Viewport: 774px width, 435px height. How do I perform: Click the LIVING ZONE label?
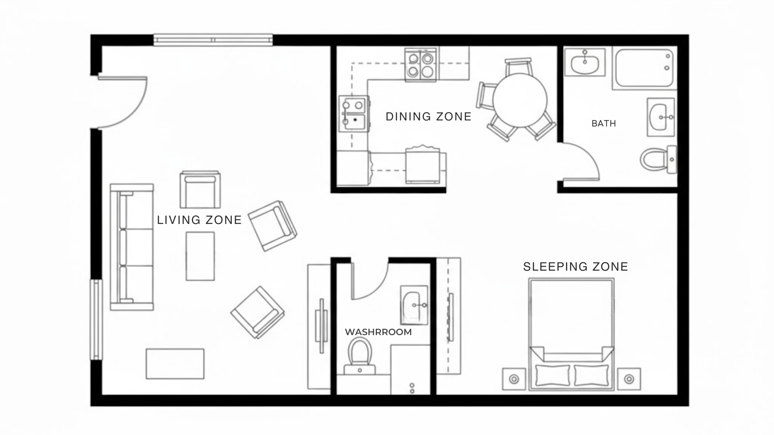coord(199,220)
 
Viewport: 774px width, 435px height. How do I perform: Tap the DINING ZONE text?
coord(429,116)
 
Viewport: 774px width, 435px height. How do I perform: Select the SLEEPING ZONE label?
coord(576,267)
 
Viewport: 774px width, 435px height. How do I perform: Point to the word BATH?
coord(603,124)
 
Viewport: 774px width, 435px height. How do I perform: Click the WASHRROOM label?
coord(378,332)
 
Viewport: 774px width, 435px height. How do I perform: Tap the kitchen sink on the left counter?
coord(354,114)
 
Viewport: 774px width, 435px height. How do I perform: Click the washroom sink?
coord(414,305)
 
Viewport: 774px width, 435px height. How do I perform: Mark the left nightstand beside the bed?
coord(514,379)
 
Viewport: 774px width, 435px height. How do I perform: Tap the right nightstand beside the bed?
coord(629,379)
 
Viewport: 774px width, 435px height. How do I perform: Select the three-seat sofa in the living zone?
coord(132,247)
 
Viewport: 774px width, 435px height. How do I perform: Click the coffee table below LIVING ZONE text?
coord(200,256)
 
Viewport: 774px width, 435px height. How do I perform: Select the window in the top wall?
coord(213,40)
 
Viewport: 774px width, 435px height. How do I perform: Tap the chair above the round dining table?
coord(518,66)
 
